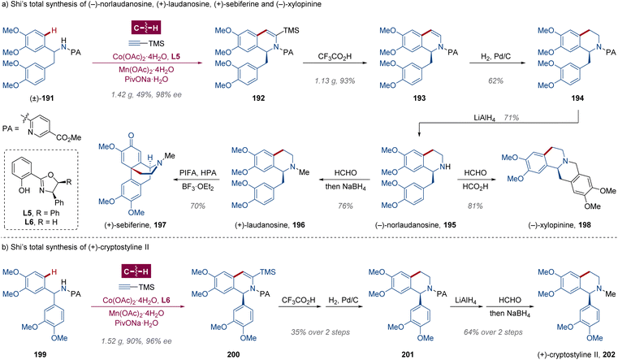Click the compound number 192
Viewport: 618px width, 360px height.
tap(258, 98)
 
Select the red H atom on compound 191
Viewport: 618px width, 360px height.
tap(54, 30)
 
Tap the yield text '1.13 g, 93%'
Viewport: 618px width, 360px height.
tap(335, 80)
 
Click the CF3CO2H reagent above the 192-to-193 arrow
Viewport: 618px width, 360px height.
tap(335, 57)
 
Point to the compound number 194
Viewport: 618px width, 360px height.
tap(577, 98)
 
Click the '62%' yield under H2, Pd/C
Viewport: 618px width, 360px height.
tap(495, 80)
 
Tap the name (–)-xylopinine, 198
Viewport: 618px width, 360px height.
tap(564, 225)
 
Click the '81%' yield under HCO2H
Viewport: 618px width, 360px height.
tap(475, 206)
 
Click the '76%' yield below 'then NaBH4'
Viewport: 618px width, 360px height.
tap(345, 206)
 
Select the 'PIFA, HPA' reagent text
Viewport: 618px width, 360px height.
tap(198, 173)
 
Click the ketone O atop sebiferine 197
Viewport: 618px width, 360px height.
tap(131, 136)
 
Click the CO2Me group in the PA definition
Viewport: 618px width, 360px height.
tap(69, 137)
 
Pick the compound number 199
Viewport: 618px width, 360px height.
tap(40, 354)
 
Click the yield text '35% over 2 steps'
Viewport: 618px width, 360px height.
tap(320, 332)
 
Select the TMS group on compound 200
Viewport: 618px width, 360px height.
tap(268, 272)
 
